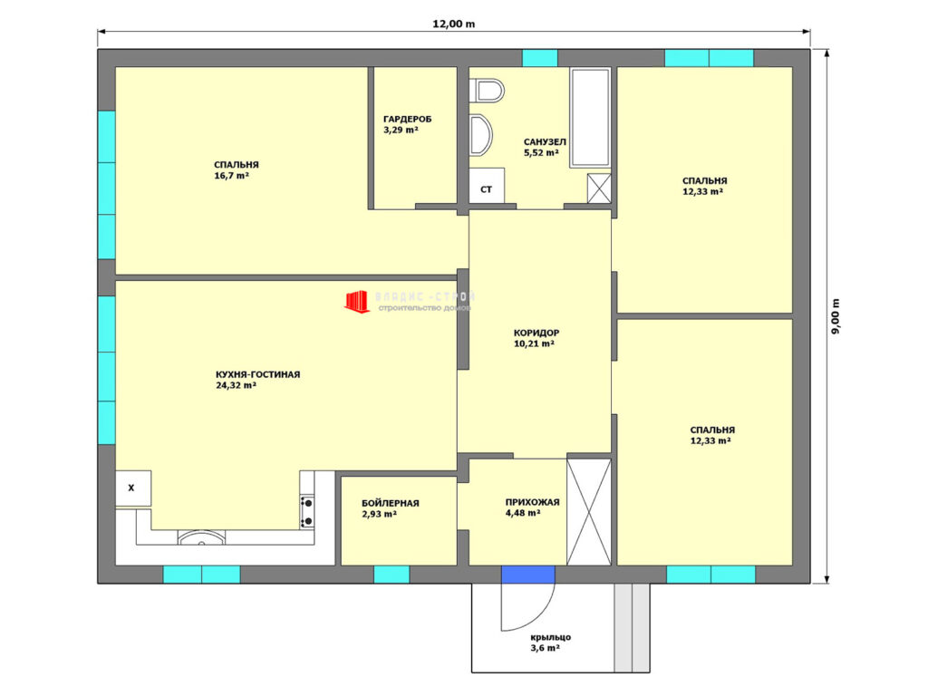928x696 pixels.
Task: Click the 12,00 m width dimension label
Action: coord(453,24)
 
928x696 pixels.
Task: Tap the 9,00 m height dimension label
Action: coord(836,316)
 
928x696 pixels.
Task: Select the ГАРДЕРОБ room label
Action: coord(407,119)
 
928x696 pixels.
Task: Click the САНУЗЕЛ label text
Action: coord(545,142)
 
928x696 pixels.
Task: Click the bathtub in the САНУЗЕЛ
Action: coord(590,117)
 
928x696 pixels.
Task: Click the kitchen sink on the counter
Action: coord(202,536)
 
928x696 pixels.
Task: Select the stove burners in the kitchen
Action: coord(307,512)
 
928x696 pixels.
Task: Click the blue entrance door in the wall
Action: coord(528,574)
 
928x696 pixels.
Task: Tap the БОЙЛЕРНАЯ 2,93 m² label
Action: coord(390,508)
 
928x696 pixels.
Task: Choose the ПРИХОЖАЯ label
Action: coord(532,502)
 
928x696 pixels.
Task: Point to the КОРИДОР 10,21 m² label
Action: coord(536,338)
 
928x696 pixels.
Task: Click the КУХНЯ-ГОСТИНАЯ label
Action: coord(257,374)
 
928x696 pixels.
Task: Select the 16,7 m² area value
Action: coord(231,176)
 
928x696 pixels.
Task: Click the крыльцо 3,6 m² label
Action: coord(550,643)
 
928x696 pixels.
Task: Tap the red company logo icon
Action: coord(356,301)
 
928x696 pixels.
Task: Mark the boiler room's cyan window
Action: coord(391,574)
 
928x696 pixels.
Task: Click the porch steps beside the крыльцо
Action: coord(632,627)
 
